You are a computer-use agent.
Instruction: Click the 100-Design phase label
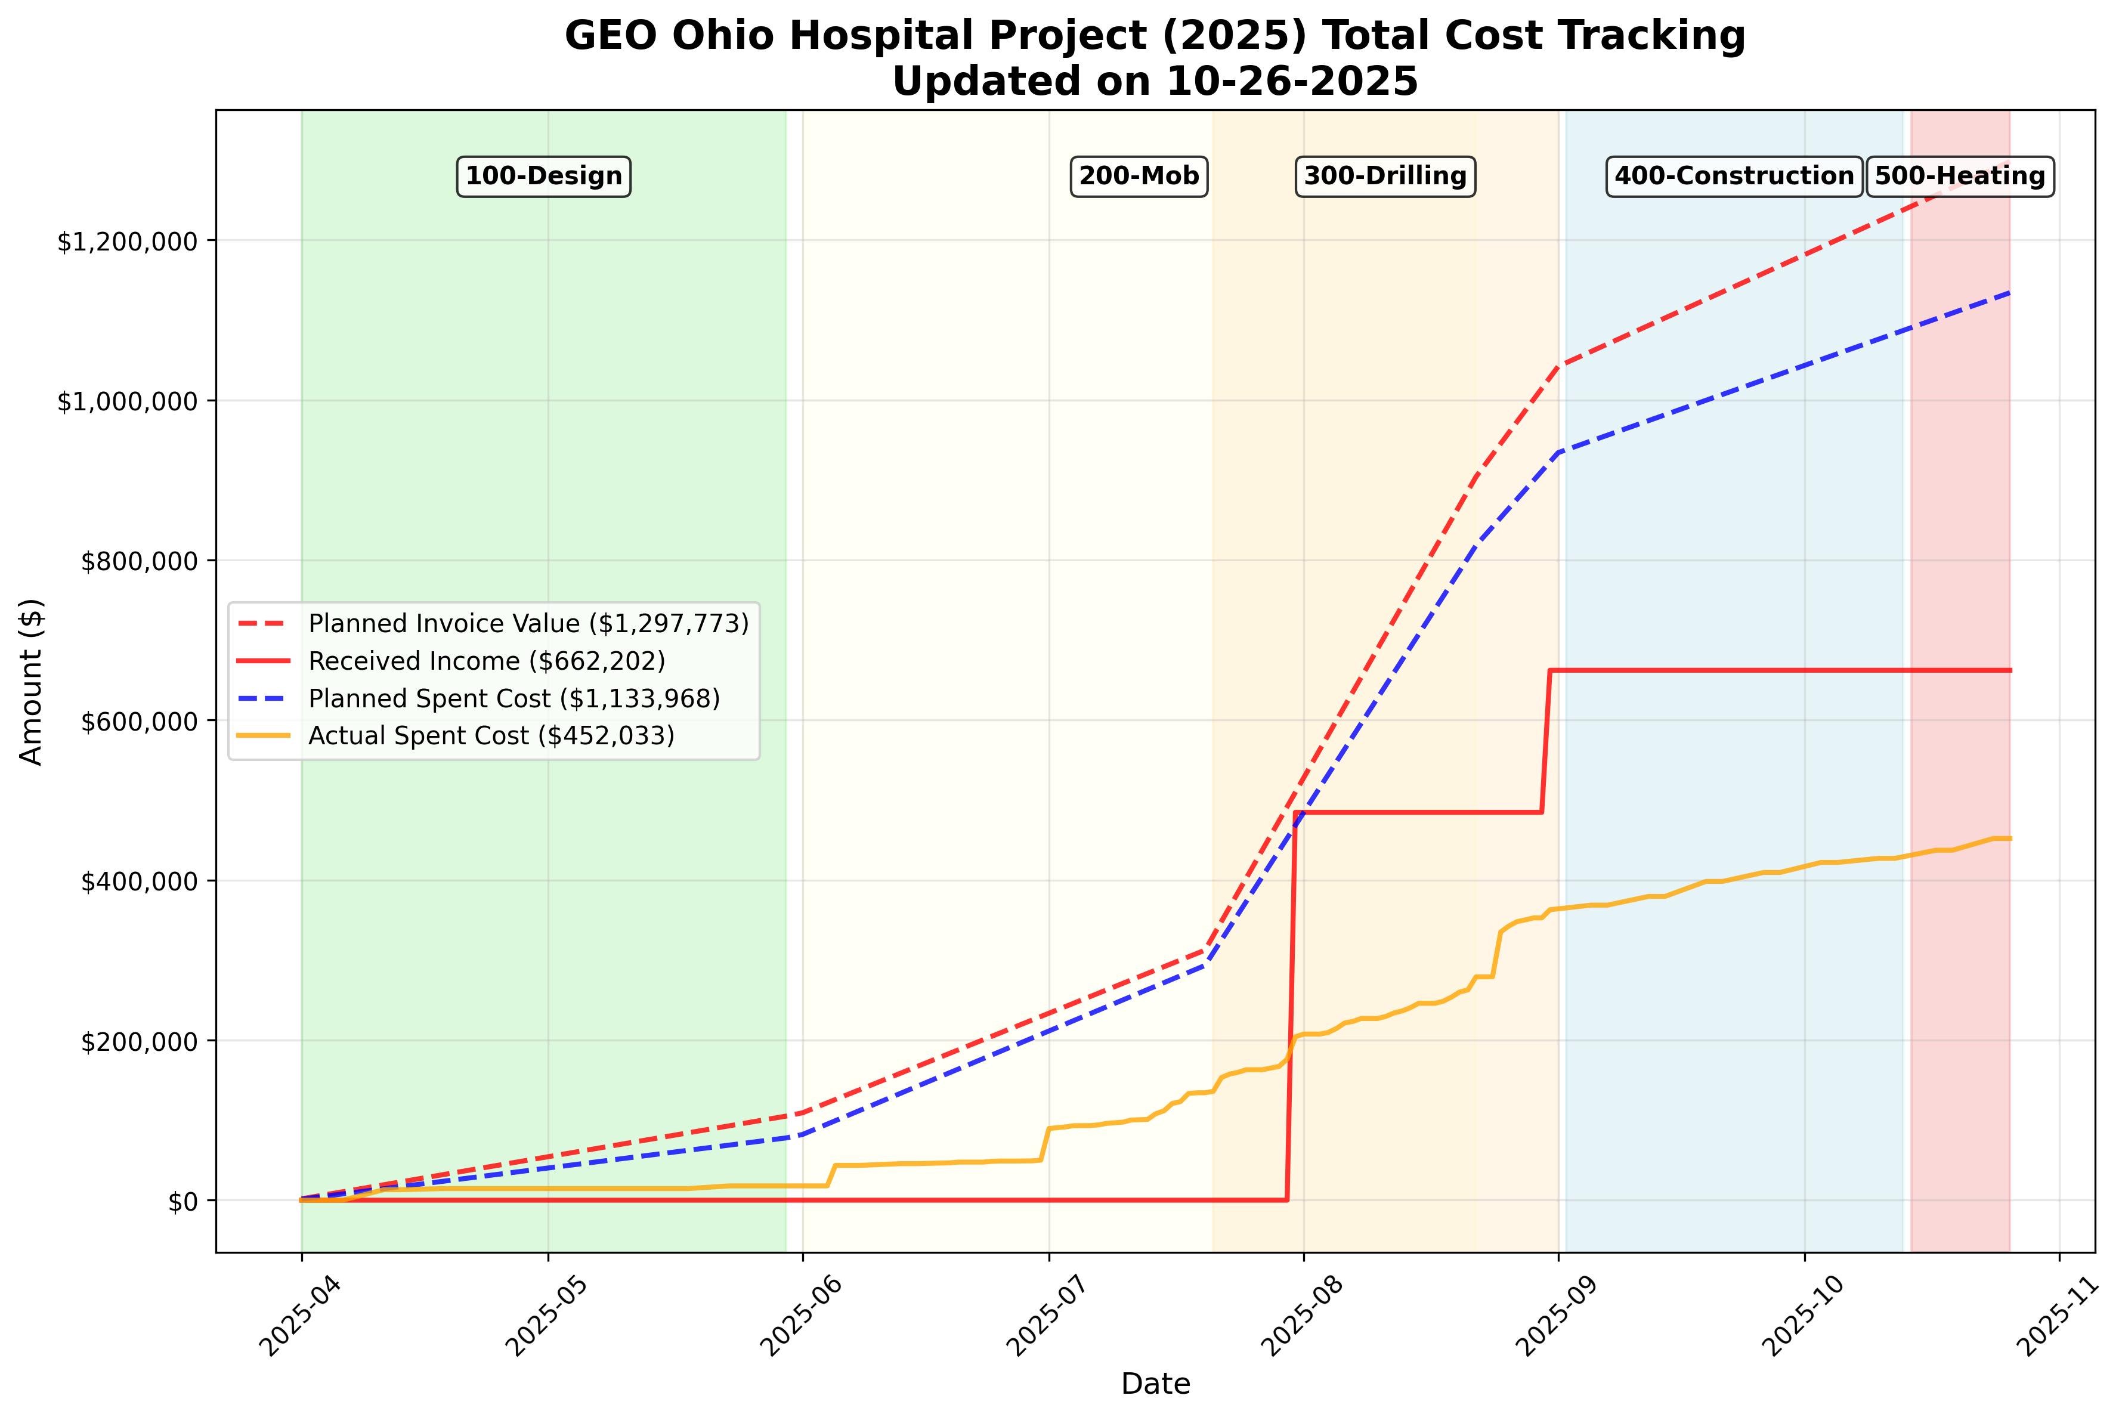click(x=543, y=176)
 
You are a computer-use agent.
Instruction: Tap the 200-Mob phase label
click(x=1139, y=176)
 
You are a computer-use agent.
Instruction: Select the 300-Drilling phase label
click(x=1384, y=176)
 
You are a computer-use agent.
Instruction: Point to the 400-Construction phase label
click(x=1733, y=176)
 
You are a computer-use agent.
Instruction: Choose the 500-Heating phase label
click(x=1959, y=176)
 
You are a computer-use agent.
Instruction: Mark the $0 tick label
click(x=184, y=1202)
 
